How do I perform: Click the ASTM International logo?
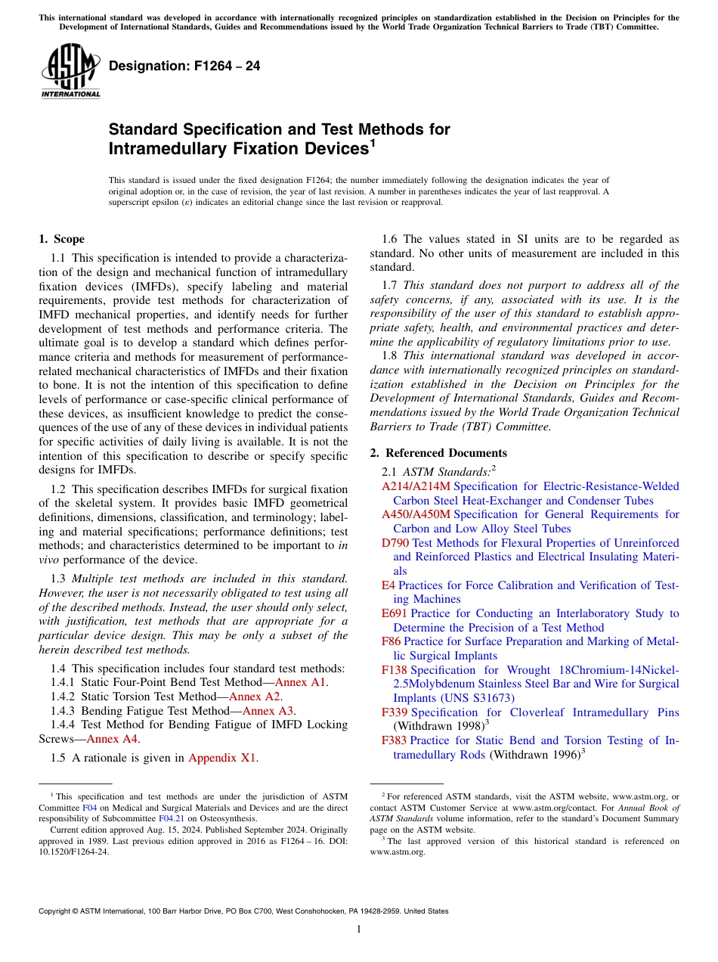click(70, 73)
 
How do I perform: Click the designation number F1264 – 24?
click(184, 66)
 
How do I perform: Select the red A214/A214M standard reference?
click(416, 486)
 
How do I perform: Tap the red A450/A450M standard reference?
click(416, 514)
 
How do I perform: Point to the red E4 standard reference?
click(388, 585)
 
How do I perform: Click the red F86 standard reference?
click(391, 641)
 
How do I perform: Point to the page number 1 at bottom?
click(359, 929)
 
